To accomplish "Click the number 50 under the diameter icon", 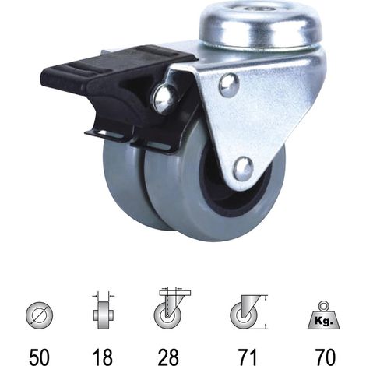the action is point(39,357).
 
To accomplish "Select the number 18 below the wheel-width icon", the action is point(103,357).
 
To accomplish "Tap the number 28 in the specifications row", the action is point(169,357).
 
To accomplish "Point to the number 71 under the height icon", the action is point(247,357).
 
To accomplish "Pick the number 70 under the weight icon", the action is point(325,357).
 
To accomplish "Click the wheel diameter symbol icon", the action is point(39,315).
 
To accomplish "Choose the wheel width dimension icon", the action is point(104,311).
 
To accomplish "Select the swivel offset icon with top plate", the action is point(171,308).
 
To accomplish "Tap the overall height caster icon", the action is point(248,312).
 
